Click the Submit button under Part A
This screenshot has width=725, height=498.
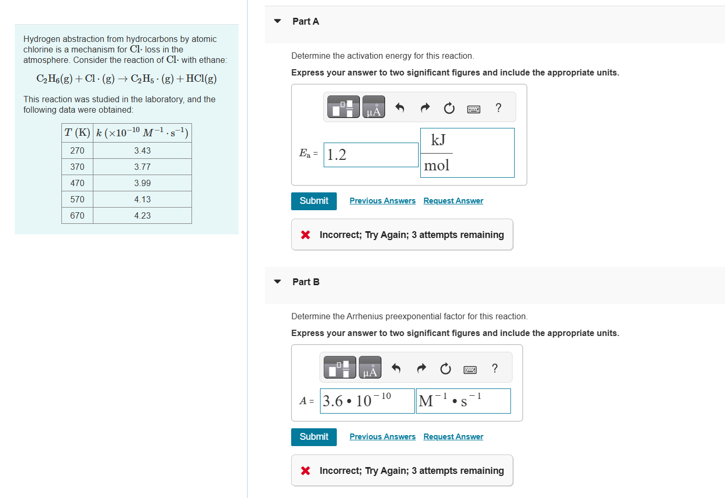coord(314,201)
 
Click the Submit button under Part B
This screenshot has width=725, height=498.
coord(314,437)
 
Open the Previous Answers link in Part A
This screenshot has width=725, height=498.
coord(382,201)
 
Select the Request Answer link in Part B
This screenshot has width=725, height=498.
coord(453,437)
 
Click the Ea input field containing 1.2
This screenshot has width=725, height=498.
coord(370,155)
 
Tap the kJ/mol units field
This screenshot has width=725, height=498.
coord(467,153)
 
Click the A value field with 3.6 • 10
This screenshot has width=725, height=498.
coord(367,401)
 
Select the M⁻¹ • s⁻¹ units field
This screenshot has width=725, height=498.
coord(463,401)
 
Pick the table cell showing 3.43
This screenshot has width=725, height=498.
coord(142,150)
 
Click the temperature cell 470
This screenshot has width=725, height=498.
coord(77,183)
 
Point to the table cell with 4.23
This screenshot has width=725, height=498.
coord(142,215)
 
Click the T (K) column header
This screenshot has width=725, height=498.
coord(77,133)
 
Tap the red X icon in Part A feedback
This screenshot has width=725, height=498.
coord(305,235)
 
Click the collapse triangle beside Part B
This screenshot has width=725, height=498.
coord(278,282)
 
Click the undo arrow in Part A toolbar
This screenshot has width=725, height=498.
coord(400,107)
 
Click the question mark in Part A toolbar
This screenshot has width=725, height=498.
coord(498,107)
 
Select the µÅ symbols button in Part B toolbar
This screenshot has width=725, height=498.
coord(370,367)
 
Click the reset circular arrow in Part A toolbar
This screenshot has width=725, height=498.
coord(449,108)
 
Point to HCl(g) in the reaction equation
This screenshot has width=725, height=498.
coord(201,79)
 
